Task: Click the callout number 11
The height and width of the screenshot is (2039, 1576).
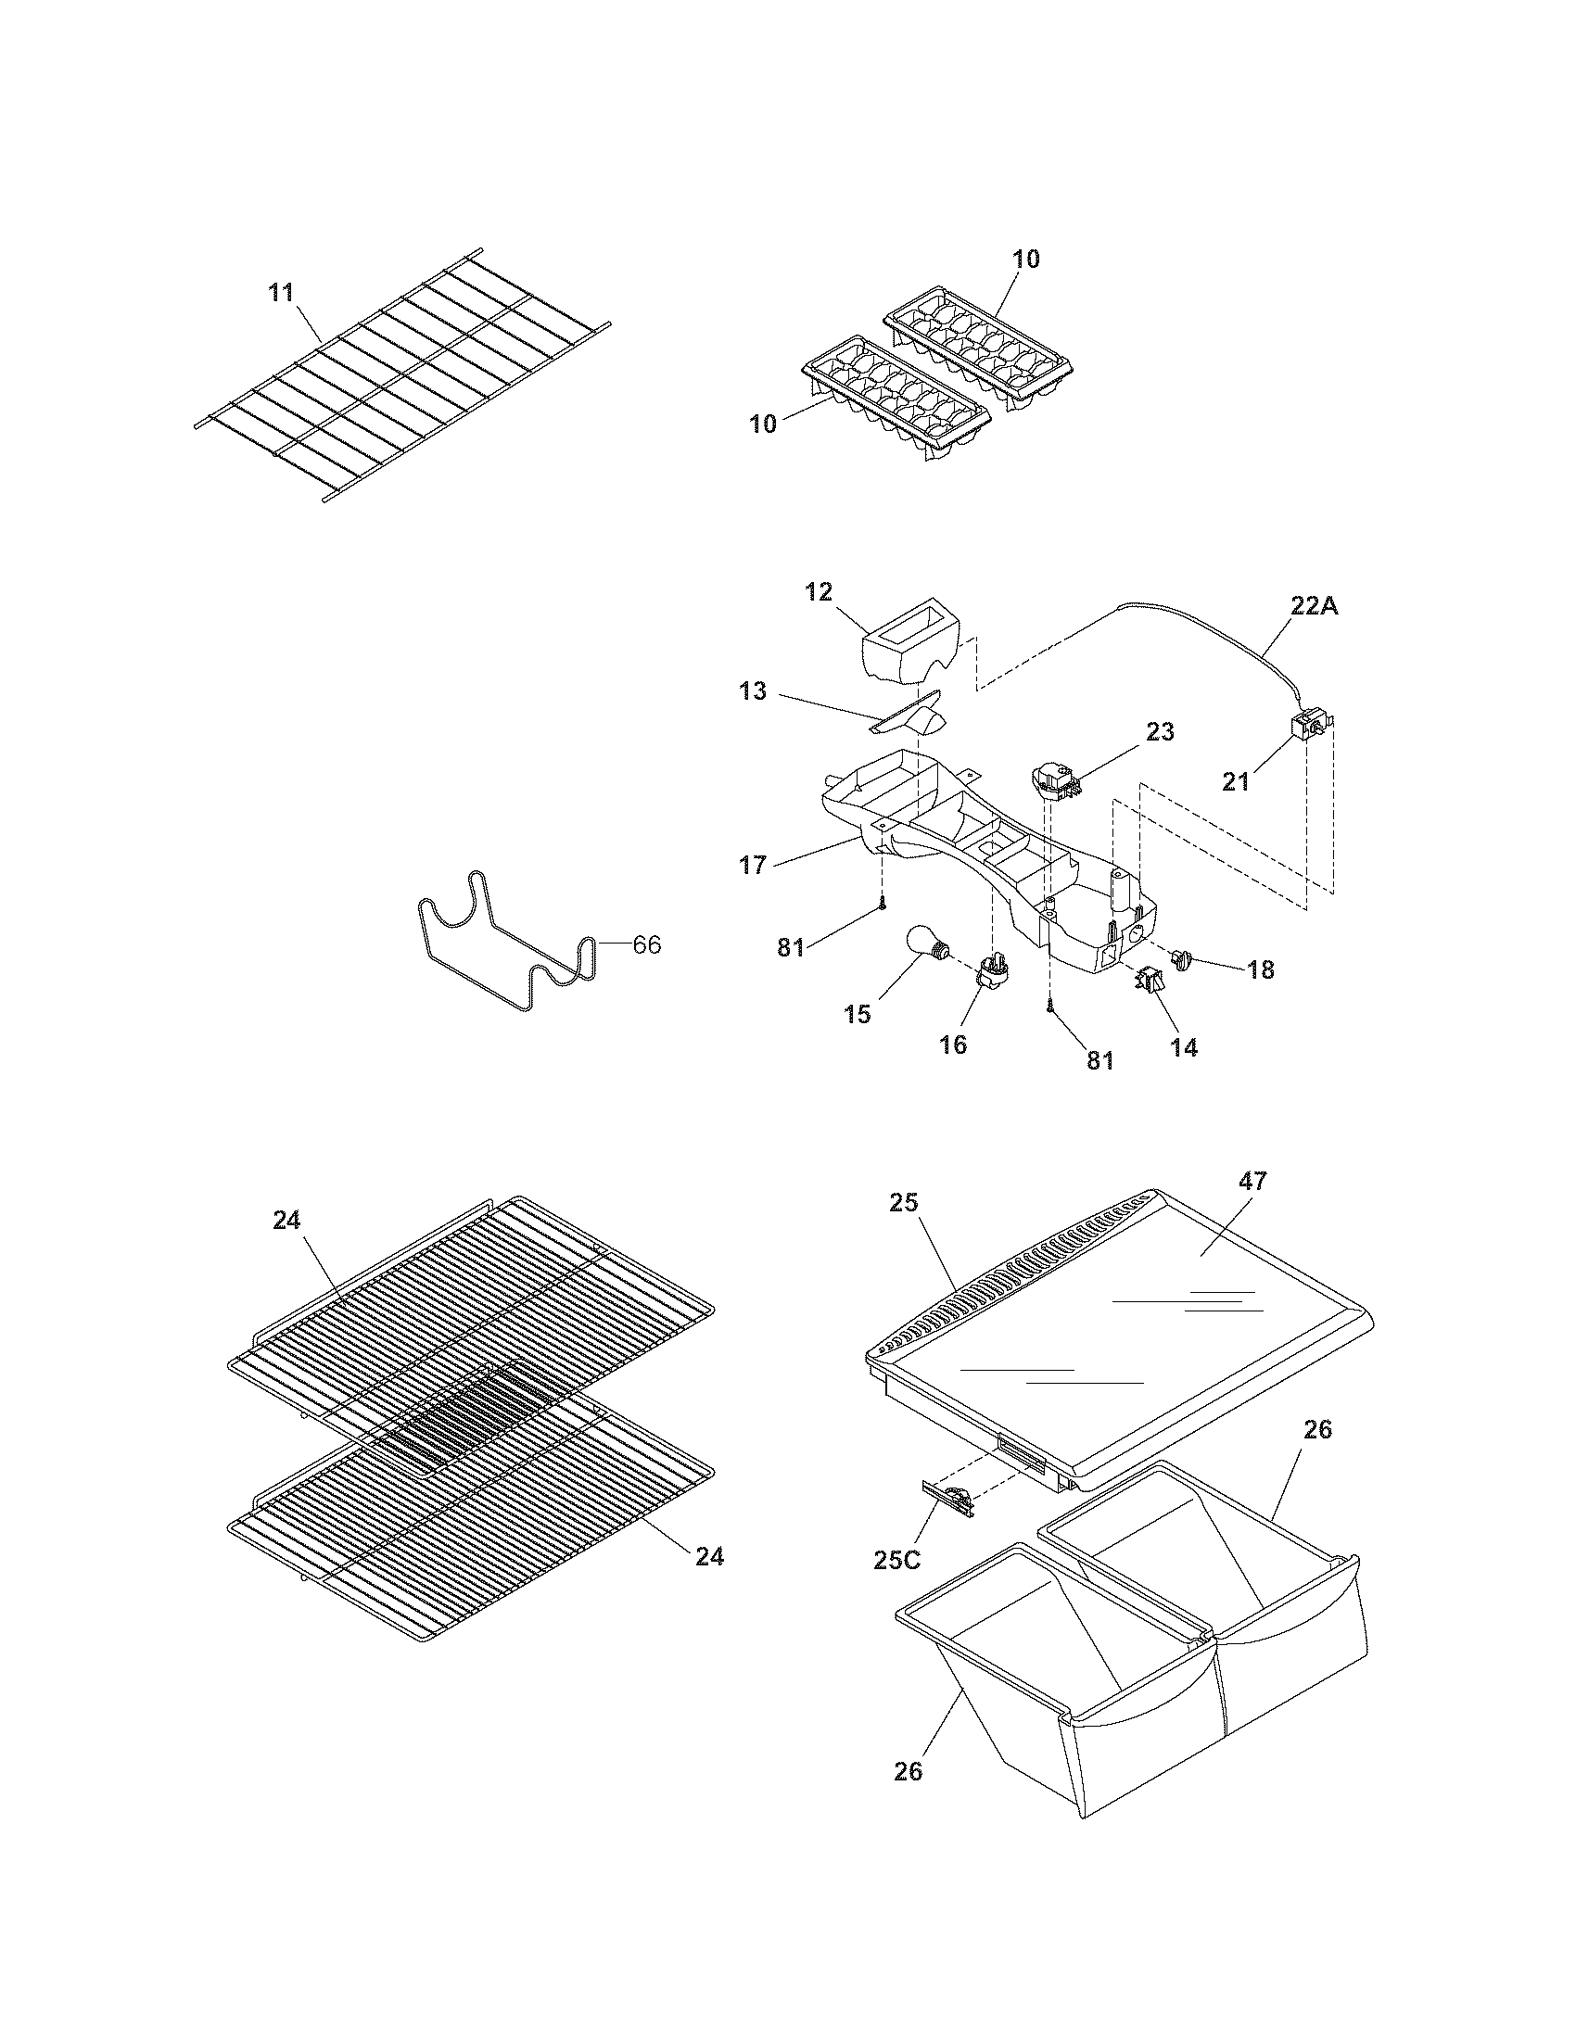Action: pyautogui.click(x=281, y=292)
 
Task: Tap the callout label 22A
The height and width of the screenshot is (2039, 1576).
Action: pyautogui.click(x=1315, y=605)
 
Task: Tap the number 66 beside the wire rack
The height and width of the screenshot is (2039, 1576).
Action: pyautogui.click(x=647, y=944)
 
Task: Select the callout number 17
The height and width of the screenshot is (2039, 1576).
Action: pyautogui.click(x=753, y=866)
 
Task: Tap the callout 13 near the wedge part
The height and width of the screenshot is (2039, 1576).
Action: pyautogui.click(x=753, y=691)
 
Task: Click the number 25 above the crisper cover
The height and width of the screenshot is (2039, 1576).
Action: pyautogui.click(x=904, y=1202)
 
